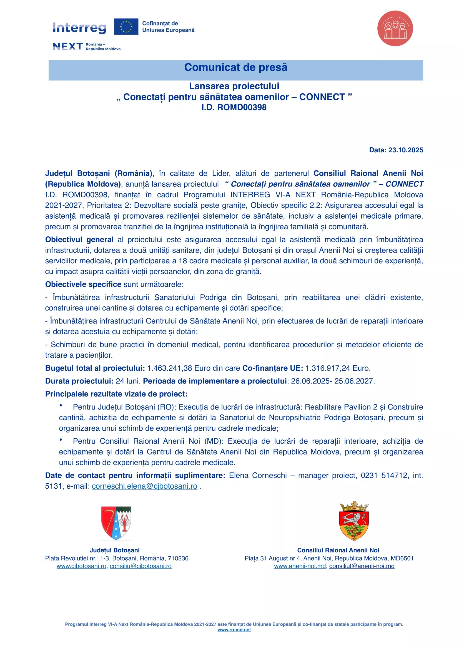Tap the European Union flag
[x=126, y=27]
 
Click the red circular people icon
[x=395, y=28]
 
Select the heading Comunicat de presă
[x=235, y=67]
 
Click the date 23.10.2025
[x=406, y=150]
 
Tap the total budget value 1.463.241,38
[x=169, y=368]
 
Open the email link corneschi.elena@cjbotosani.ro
[x=144, y=486]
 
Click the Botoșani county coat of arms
[x=116, y=523]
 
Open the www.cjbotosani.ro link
[x=81, y=566]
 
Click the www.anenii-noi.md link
[x=300, y=566]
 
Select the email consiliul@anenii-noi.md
[x=362, y=566]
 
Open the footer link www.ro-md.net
[x=234, y=630]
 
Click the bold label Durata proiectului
[x=79, y=381]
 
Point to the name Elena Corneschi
[x=258, y=476]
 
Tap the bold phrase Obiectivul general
[x=79, y=240]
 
